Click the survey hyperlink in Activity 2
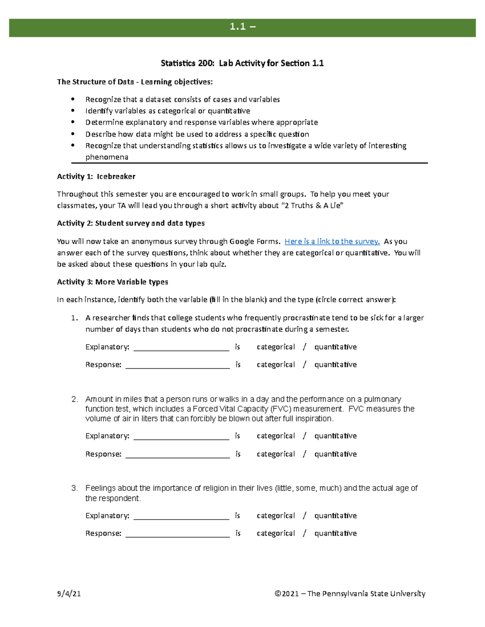point(332,241)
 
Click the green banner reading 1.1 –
point(242,27)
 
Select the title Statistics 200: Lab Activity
point(242,63)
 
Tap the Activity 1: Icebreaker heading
point(96,176)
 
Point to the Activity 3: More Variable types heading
point(112,282)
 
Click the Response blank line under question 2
point(177,455)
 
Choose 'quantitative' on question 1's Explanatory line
point(335,347)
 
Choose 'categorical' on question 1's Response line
point(276,365)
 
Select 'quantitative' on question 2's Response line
point(335,454)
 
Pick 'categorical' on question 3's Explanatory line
point(276,516)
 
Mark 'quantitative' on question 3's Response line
point(335,533)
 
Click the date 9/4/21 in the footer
point(69,593)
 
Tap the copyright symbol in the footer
point(278,593)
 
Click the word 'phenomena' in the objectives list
point(107,157)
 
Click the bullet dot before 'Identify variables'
point(73,111)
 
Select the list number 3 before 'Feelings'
point(74,488)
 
